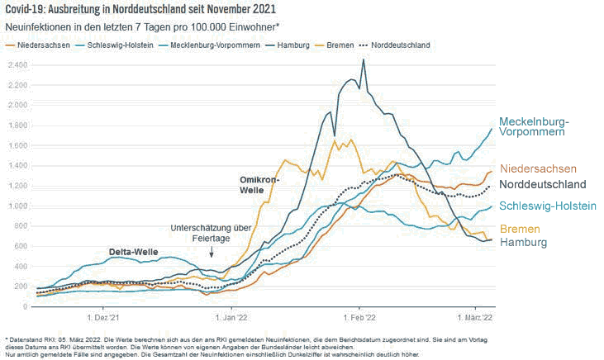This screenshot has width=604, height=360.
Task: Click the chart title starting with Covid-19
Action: pos(140,9)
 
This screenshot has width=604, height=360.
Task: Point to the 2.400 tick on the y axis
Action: pos(16,64)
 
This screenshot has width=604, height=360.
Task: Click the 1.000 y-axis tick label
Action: pos(16,206)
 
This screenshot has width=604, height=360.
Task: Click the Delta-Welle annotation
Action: pos(133,250)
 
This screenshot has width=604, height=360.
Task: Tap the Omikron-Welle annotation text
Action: pos(260,184)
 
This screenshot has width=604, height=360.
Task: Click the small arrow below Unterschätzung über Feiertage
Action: pos(211,253)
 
